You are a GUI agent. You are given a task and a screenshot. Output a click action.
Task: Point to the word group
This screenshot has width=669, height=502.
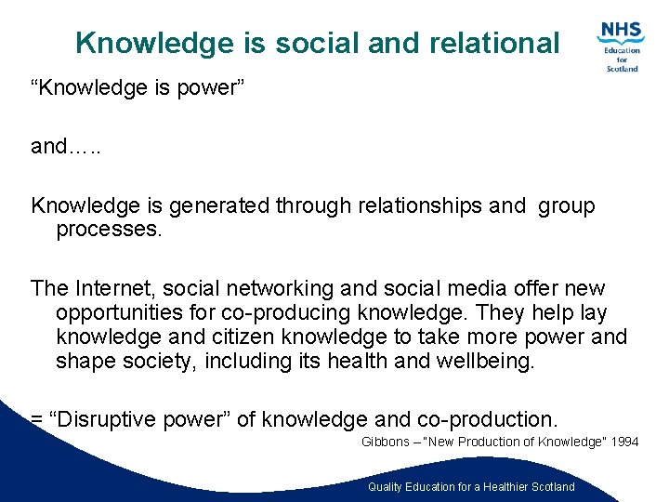coord(566,206)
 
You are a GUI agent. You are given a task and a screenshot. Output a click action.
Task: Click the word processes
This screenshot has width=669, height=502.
coord(109,230)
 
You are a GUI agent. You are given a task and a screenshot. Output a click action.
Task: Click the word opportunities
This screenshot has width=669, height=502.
coord(127,313)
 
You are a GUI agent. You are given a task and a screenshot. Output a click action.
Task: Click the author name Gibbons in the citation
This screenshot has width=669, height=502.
coord(385,443)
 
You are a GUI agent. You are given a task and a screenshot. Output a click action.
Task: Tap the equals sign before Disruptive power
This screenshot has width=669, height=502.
coord(37,420)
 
